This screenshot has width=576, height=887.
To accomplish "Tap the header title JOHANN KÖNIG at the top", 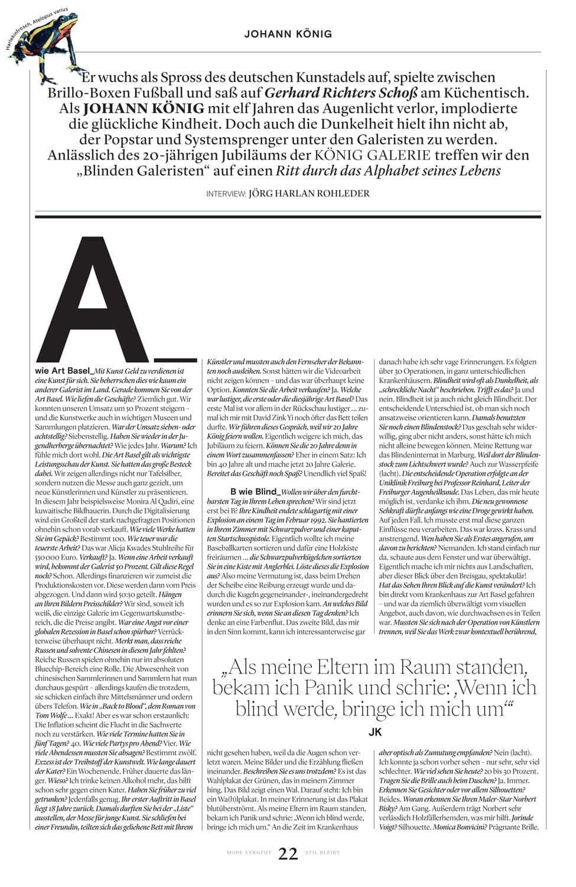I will tap(288, 34).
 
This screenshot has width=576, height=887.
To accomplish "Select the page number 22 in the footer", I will tap(288, 853).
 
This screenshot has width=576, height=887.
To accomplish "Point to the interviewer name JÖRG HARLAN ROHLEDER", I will tap(309, 193).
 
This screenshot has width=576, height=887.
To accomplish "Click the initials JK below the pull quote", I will tap(375, 732).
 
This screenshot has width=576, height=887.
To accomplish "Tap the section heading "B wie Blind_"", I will tap(255, 491).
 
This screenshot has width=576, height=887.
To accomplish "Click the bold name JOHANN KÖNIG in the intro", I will tap(144, 109).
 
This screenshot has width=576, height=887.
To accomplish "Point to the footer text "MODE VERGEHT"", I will tap(249, 853).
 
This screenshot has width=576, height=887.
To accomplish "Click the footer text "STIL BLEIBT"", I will tap(323, 853).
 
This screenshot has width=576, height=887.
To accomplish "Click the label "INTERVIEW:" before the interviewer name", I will tap(226, 194).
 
